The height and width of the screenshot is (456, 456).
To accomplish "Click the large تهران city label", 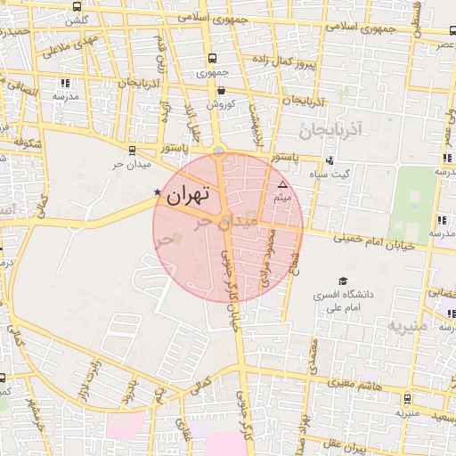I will click(189, 192).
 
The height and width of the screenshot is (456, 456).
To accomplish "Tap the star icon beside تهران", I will click(159, 191).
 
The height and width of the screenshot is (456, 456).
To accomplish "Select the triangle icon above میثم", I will click(283, 184).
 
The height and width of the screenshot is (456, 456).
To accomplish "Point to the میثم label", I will click(283, 197).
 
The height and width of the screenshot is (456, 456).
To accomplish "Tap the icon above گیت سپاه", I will click(330, 161).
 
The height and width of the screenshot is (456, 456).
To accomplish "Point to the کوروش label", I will click(220, 103).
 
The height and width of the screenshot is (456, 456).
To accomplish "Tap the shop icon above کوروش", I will click(220, 90).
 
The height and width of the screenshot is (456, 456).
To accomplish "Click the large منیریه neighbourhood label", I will click(409, 325).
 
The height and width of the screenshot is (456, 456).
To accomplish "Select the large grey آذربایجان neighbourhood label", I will click(328, 131).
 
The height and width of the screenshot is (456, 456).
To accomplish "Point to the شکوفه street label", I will click(29, 140).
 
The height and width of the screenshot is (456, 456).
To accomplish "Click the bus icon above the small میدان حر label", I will click(133, 151).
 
